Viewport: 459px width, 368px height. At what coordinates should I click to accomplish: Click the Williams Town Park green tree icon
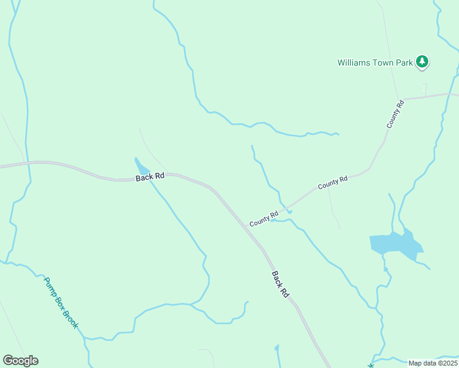(x=422, y=61)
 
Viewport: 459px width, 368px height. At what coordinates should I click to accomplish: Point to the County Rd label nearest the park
(x=395, y=114)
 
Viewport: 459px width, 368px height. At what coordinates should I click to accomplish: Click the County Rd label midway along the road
(x=333, y=183)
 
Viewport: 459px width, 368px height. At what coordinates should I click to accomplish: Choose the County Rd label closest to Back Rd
(x=264, y=218)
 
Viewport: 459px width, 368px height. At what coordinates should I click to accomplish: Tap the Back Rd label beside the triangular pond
(x=150, y=176)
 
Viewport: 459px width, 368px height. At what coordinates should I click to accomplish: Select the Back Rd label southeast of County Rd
(x=280, y=285)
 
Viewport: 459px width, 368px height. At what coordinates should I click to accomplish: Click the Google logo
(x=20, y=361)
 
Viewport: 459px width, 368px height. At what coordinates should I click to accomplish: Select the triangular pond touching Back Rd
(x=142, y=167)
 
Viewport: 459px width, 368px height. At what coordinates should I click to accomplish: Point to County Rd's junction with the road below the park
(x=403, y=99)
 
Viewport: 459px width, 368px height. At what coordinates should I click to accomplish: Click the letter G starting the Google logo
(x=8, y=361)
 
